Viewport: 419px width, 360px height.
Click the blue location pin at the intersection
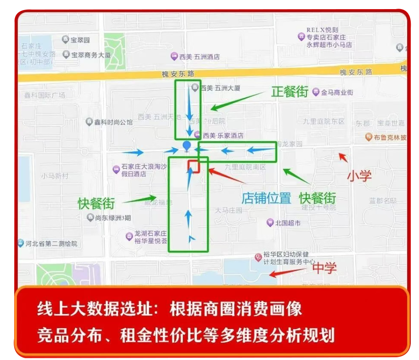[x=186, y=146]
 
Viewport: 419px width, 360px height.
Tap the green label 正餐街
[x=290, y=92]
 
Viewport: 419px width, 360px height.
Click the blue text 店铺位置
[x=266, y=198]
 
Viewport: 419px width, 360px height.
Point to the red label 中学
[x=324, y=268]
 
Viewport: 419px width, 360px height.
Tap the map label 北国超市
[x=288, y=223]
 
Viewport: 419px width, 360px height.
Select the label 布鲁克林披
[x=387, y=137]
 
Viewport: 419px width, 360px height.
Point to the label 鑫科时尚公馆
[x=113, y=122]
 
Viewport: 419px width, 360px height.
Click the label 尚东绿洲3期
[x=112, y=217]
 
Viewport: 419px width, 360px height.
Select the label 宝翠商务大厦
[x=91, y=55]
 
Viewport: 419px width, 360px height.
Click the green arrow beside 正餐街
[x=237, y=101]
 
